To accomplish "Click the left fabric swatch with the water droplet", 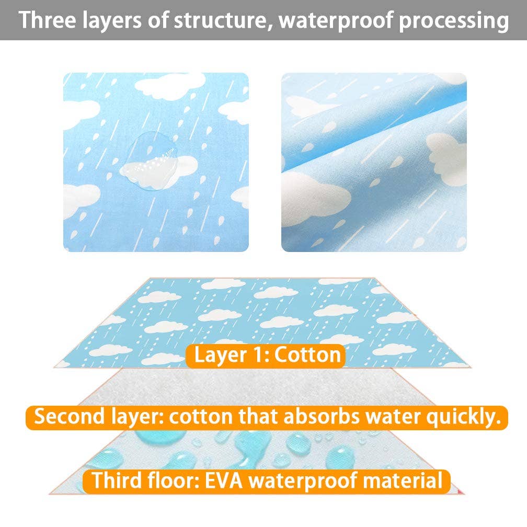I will (156, 162).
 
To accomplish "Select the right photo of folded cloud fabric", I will (374, 162).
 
